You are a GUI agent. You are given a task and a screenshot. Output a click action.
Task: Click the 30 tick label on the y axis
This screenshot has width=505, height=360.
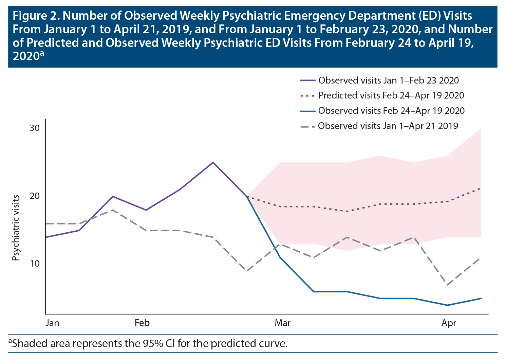35,128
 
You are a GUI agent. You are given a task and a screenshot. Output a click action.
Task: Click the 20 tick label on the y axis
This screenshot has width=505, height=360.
35,196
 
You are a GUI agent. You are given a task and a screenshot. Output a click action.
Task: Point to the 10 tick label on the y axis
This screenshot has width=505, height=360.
35,264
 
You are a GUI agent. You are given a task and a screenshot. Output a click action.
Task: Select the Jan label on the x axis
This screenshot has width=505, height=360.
52,323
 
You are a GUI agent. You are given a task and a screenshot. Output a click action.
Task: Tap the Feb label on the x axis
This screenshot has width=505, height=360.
142,323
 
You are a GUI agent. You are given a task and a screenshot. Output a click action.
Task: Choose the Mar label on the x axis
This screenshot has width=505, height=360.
282,323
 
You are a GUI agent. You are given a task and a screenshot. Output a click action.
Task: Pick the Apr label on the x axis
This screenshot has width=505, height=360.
449,323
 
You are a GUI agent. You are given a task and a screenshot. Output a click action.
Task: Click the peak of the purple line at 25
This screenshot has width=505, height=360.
213,162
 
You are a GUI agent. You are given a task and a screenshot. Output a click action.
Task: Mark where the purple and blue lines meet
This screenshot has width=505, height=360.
247,197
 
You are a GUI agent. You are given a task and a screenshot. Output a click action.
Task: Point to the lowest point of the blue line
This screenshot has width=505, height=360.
447,305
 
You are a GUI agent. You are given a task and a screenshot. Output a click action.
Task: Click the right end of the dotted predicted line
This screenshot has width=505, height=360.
481,187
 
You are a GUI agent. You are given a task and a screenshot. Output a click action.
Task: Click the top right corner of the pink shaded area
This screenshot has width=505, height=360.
481,129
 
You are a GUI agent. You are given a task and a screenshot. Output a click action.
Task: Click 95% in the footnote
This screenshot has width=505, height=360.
151,343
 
